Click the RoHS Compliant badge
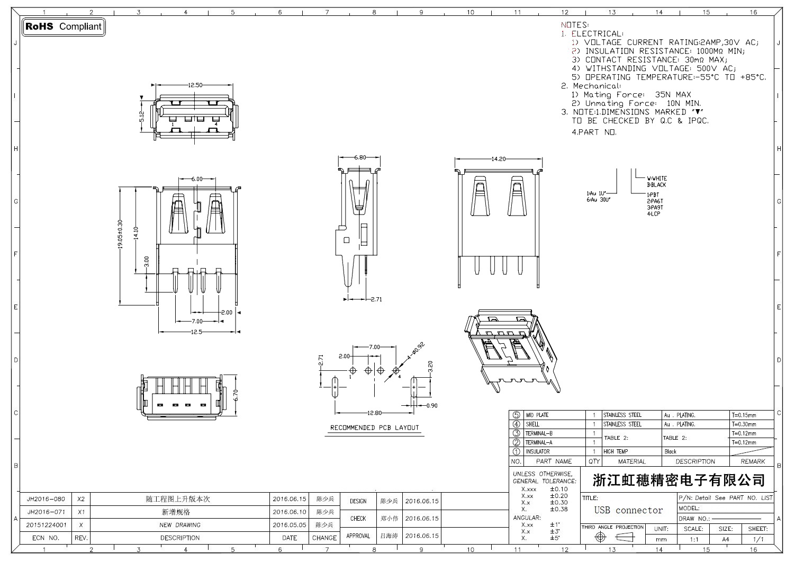coord(64,26)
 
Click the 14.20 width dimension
coord(499,158)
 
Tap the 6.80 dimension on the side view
coord(359,157)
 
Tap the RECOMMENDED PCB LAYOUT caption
coord(374,428)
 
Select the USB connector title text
coord(628,510)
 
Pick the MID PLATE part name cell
coord(537,415)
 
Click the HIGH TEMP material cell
coord(616,452)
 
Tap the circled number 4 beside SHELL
coord(516,424)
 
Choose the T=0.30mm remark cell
coord(744,424)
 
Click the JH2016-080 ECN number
coord(46,499)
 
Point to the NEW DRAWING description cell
coord(180,525)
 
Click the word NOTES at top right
coord(574,25)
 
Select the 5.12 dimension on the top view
coord(142,116)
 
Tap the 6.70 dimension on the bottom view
coord(236,395)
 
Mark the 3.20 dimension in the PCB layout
coord(430,367)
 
